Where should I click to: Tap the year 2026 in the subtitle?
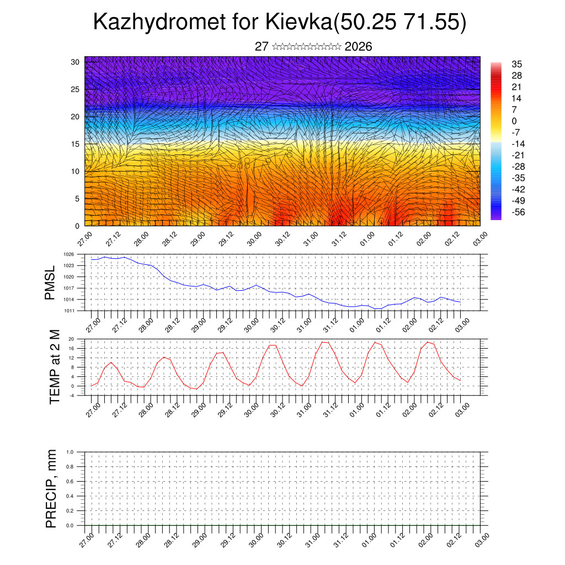358,46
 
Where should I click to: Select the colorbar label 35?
517,64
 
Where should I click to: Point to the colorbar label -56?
519,211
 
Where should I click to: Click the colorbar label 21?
517,87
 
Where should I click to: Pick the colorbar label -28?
519,166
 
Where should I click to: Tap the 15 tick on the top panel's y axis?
76,144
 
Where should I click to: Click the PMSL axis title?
50,282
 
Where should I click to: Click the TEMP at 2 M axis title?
54,366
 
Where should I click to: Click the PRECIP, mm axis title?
51,488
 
